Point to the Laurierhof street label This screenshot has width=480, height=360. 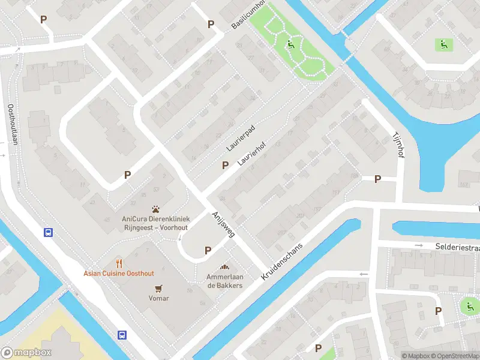pyautogui.click(x=251, y=154)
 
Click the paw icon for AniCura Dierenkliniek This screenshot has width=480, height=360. pyautogui.click(x=156, y=209)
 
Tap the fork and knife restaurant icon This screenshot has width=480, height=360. pyautogui.click(x=119, y=263)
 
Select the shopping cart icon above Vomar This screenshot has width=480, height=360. pyautogui.click(x=159, y=288)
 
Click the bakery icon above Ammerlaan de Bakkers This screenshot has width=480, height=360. pyautogui.click(x=225, y=267)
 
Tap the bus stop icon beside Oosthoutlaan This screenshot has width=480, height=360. pyautogui.click(x=47, y=232)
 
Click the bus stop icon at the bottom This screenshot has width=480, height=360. pyautogui.click(x=122, y=335)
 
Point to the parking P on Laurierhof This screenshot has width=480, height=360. pyautogui.click(x=226, y=165)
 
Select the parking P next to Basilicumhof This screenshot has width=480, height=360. pyautogui.click(x=211, y=24)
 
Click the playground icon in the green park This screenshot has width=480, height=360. pyautogui.click(x=291, y=43)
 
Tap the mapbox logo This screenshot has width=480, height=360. pyautogui.click(x=27, y=353)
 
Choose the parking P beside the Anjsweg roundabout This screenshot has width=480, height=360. pyautogui.click(x=208, y=250)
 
